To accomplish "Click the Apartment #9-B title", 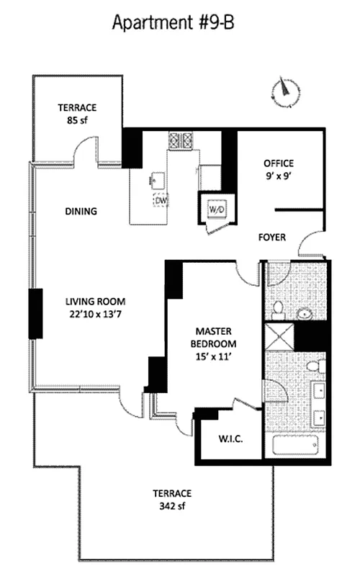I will (x=173, y=23).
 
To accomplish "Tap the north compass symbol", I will (x=286, y=90).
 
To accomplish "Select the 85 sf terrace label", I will (x=78, y=114).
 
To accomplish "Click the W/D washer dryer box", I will (x=216, y=209).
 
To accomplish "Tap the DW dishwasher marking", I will (x=161, y=201).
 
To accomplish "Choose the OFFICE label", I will (x=279, y=163).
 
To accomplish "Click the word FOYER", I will (x=272, y=236).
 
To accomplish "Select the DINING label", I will (x=81, y=212).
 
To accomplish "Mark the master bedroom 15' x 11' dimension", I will (x=212, y=356).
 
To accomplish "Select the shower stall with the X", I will (x=279, y=336).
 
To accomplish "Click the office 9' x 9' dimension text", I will (x=279, y=174).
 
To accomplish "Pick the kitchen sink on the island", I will (x=156, y=179).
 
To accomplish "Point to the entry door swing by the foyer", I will (x=310, y=245).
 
